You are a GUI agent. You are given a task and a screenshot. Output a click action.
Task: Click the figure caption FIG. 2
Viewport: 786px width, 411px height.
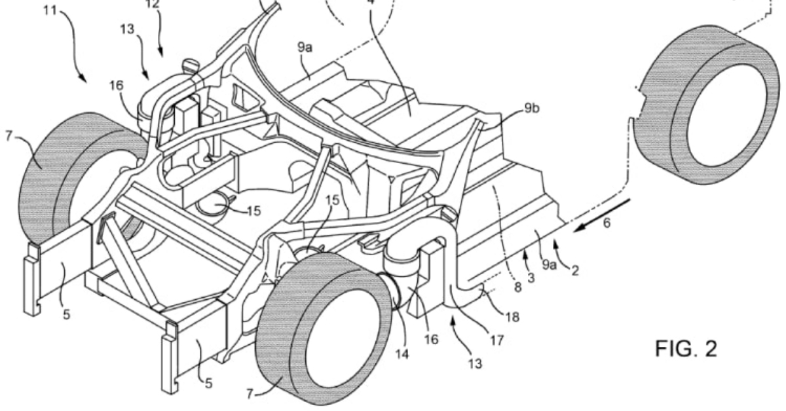pyautogui.click(x=686, y=349)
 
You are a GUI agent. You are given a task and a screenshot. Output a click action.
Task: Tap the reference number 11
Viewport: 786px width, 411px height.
pyautogui.click(x=50, y=10)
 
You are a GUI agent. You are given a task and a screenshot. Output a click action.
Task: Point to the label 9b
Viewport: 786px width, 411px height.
pyautogui.click(x=532, y=109)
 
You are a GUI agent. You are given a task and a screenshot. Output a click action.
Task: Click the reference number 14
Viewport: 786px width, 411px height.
pyautogui.click(x=402, y=354)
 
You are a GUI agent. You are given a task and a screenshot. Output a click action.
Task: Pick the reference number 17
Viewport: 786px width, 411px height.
pyautogui.click(x=496, y=340)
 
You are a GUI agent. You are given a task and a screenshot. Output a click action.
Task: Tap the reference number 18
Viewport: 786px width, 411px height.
pyautogui.click(x=512, y=317)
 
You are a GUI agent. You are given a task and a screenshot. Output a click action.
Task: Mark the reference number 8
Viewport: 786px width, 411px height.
pyautogui.click(x=518, y=287)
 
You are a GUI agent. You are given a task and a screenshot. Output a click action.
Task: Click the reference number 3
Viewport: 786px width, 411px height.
pyautogui.click(x=531, y=277)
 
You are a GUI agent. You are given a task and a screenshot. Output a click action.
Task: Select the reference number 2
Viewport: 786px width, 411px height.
pyautogui.click(x=575, y=270)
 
